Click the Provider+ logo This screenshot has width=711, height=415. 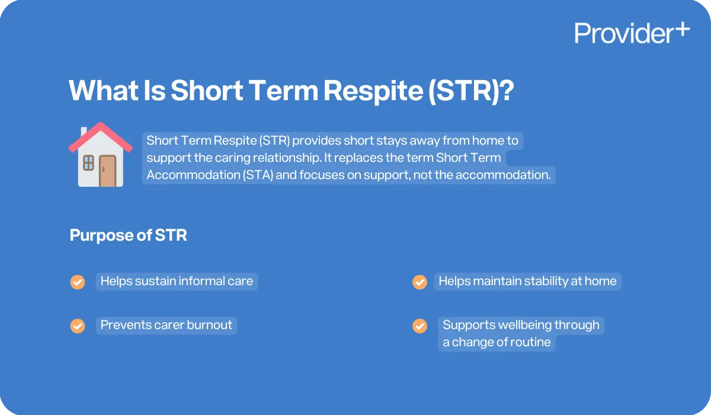(x=631, y=33)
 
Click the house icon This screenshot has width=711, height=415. (x=100, y=155)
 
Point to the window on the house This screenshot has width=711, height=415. (x=88, y=163)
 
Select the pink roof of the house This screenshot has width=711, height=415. (x=100, y=135)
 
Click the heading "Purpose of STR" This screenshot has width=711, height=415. (x=128, y=235)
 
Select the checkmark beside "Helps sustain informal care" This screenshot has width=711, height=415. (x=78, y=282)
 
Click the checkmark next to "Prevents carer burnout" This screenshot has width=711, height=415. (x=78, y=325)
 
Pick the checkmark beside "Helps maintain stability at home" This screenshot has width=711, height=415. (x=419, y=282)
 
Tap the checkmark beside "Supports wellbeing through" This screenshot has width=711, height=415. (x=419, y=325)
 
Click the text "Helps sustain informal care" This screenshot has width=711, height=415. (x=177, y=281)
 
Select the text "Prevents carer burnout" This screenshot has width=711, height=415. (x=166, y=325)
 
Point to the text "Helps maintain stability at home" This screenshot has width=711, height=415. (x=527, y=281)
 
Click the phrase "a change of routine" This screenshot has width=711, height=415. (x=497, y=342)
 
